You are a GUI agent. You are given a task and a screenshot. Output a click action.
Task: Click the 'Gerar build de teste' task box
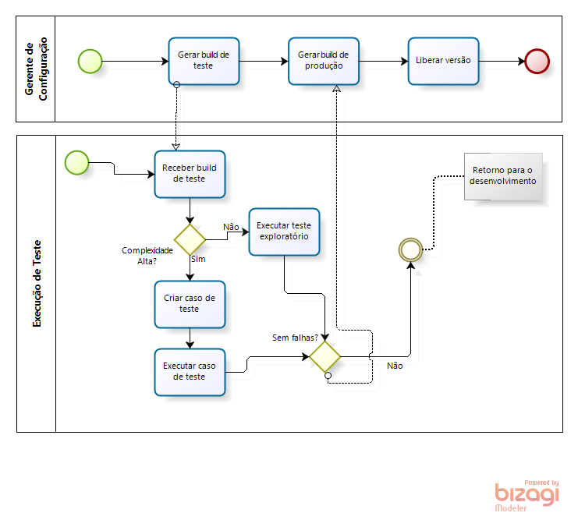[203, 61]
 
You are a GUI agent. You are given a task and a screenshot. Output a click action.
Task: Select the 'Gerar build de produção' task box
[324, 61]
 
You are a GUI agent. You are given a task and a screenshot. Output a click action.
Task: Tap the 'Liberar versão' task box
[443, 61]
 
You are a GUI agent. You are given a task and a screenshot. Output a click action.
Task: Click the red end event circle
[537, 61]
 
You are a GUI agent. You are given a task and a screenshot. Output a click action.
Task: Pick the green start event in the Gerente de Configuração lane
[90, 61]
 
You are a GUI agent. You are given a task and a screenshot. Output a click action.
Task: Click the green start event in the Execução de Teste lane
[77, 162]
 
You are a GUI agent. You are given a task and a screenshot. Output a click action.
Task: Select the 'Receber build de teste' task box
[190, 173]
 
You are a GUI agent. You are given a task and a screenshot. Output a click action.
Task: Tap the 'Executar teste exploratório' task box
[284, 232]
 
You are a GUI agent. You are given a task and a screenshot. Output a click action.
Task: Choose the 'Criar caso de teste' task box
[190, 303]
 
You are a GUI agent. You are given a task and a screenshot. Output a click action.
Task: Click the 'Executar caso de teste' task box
[190, 371]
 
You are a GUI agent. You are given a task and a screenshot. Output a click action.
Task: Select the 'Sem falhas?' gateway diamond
[325, 356]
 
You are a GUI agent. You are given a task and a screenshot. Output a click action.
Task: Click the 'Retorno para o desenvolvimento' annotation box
[502, 176]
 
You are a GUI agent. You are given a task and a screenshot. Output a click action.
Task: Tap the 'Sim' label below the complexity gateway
[198, 259]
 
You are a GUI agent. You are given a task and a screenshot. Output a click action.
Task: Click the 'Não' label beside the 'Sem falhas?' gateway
[395, 366]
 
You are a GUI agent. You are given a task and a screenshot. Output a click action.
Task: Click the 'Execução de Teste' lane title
[36, 283]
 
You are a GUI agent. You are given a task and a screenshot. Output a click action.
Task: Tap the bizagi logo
[527, 494]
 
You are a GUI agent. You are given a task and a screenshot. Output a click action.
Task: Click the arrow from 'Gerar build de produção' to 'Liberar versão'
[383, 61]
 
